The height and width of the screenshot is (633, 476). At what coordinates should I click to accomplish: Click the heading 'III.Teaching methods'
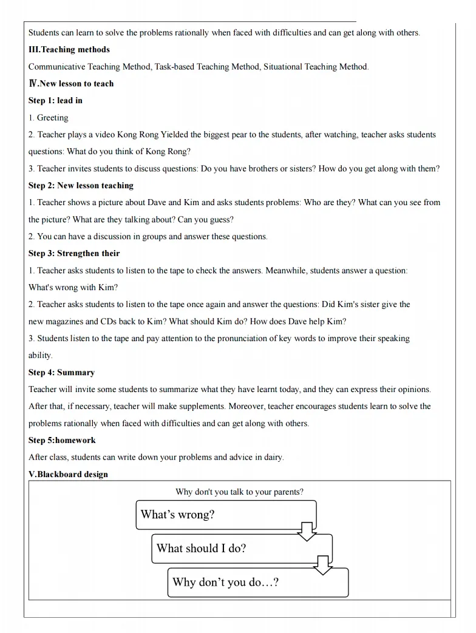(x=69, y=49)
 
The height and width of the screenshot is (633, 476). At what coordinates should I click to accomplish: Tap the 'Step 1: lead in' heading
(x=55, y=101)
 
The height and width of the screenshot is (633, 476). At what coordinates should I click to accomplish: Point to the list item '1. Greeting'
(x=49, y=118)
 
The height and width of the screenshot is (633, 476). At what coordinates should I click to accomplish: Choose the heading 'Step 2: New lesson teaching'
(x=81, y=185)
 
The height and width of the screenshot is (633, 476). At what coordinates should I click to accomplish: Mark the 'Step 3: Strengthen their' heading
(x=74, y=253)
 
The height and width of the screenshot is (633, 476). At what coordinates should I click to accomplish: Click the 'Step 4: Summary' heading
(x=61, y=372)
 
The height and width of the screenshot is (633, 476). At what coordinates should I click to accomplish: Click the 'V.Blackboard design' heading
(x=68, y=474)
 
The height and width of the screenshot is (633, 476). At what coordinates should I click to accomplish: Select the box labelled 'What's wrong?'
(x=226, y=515)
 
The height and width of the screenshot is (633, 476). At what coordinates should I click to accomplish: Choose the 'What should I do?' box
(x=242, y=549)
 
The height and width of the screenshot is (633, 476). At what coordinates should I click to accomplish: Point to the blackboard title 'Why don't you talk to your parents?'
(x=239, y=492)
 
